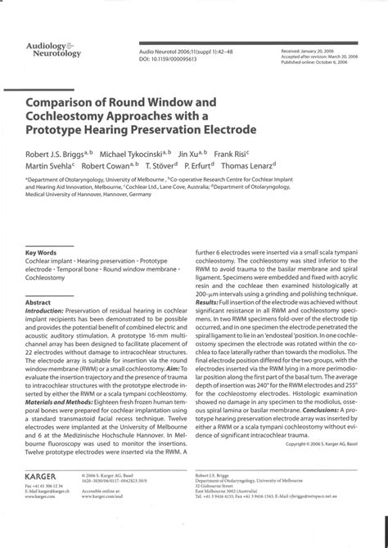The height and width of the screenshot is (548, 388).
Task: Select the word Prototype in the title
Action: (82, 130)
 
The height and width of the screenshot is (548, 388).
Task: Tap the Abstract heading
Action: (38, 302)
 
